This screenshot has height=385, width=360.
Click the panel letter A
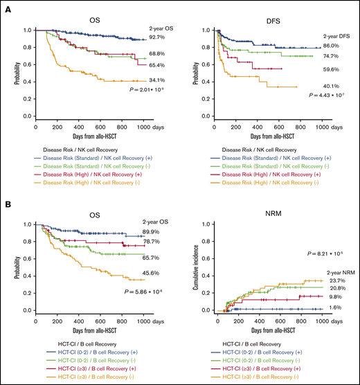pos(6,6)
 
